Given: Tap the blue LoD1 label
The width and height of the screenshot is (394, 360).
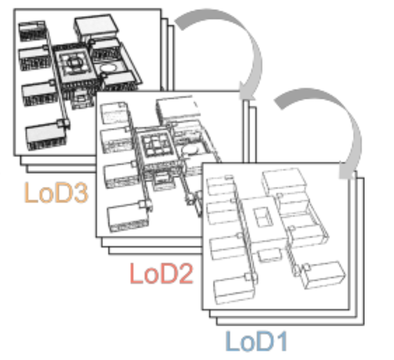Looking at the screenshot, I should (257, 341).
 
